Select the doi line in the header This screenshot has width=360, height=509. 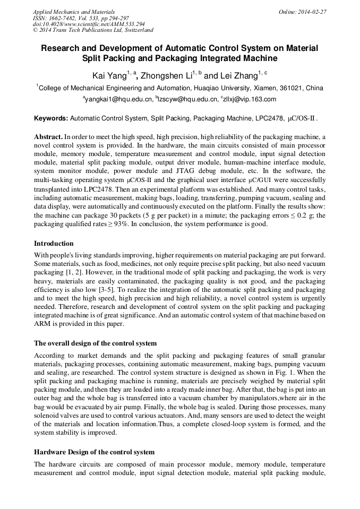click(89, 24)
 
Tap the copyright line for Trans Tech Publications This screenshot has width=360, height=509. click(93, 30)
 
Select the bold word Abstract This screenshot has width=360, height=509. click(49, 136)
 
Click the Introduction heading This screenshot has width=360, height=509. click(54, 244)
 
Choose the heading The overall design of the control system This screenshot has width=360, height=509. click(95, 343)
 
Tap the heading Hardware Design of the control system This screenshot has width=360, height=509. click(94, 452)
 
